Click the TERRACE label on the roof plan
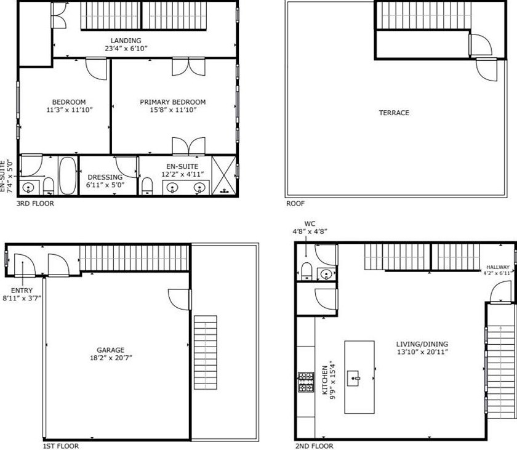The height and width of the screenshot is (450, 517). [394, 113]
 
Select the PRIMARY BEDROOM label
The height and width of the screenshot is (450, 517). [172, 102]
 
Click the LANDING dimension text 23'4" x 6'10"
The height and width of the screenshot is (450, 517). [126, 49]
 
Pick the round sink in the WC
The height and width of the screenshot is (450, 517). [326, 274]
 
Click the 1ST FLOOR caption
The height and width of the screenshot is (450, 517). [60, 446]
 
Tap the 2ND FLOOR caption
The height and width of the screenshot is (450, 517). [314, 446]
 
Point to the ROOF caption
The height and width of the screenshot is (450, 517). [295, 203]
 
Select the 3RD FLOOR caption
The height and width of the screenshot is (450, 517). [35, 203]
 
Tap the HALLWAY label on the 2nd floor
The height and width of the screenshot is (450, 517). [497, 267]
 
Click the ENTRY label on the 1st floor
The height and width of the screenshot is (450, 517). [22, 291]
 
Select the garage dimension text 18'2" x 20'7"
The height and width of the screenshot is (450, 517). [110, 357]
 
